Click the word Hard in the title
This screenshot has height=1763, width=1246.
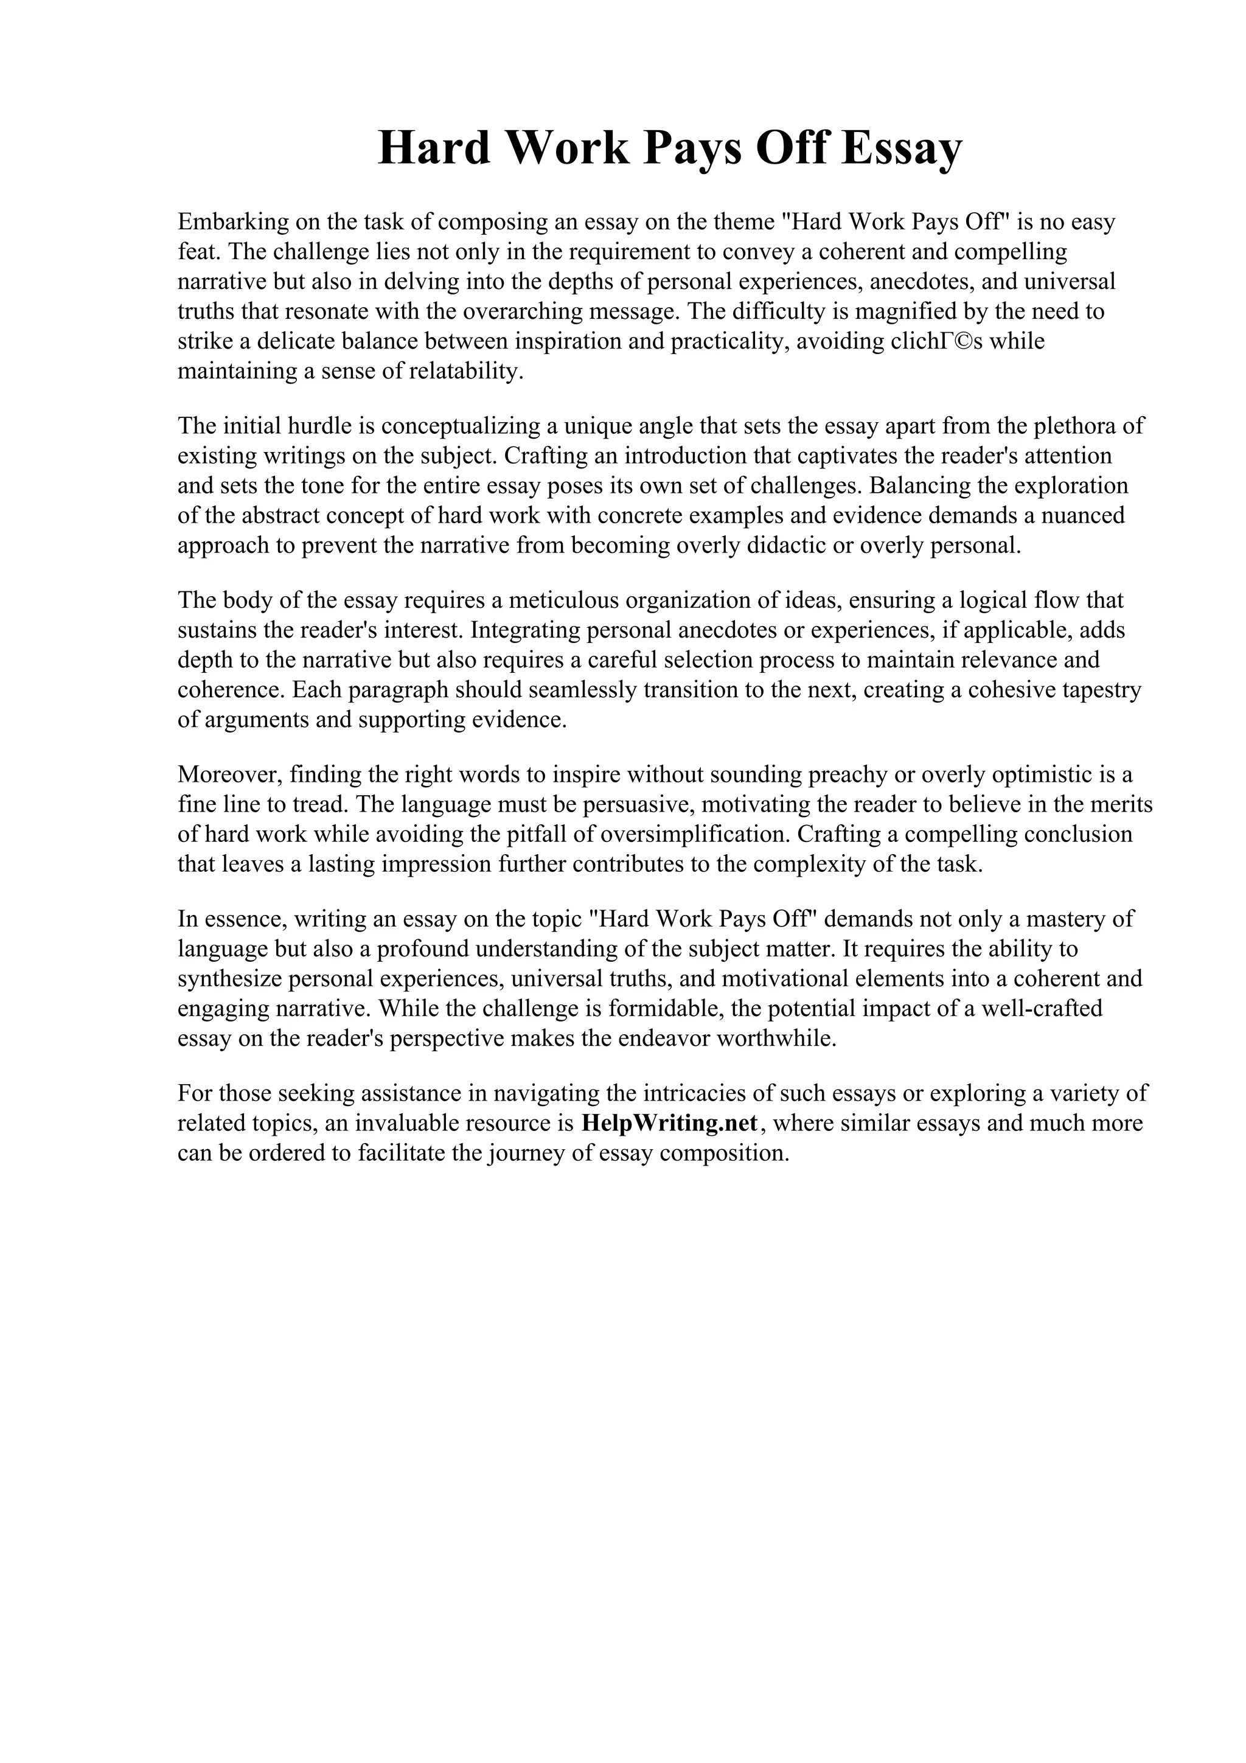(434, 148)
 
